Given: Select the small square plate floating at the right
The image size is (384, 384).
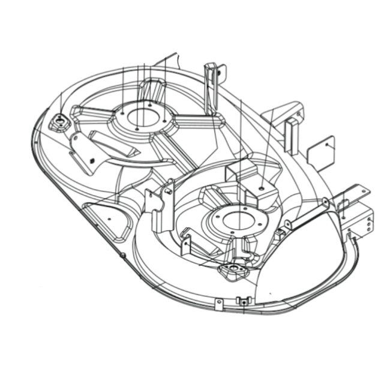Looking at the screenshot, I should click(x=320, y=153).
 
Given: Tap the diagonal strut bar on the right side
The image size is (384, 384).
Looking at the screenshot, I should click(x=307, y=213).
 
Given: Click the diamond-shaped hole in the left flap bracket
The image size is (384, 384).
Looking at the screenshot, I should click(x=92, y=160).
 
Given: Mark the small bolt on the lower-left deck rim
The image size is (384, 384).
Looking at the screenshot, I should click(x=122, y=255).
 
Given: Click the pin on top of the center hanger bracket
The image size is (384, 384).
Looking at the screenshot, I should click(x=170, y=191).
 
